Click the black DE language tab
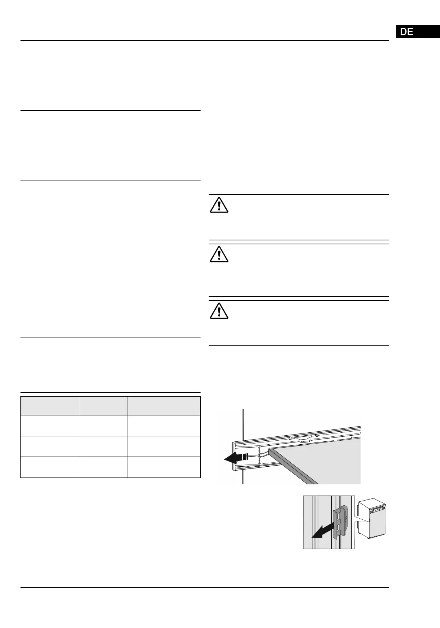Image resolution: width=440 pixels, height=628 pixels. tap(418, 32)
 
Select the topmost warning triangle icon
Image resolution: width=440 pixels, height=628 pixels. tap(219, 205)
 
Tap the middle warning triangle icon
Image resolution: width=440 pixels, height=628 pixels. tap(219, 254)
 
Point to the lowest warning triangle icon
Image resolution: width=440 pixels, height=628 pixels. tap(219, 310)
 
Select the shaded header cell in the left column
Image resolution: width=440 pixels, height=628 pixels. tap(50, 406)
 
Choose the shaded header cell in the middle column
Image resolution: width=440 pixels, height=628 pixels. tap(103, 406)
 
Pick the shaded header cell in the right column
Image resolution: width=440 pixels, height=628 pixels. tap(164, 406)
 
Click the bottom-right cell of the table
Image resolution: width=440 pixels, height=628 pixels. tap(164, 467)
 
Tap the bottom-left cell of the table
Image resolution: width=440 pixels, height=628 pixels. tap(50, 467)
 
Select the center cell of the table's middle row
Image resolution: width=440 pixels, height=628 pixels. tap(103, 446)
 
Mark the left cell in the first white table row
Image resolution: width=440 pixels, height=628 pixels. tap(50, 426)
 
